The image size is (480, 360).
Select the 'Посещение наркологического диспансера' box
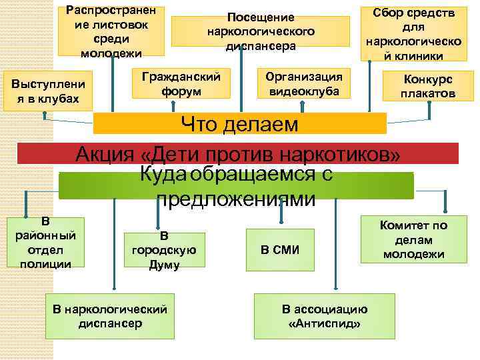click(x=260, y=31)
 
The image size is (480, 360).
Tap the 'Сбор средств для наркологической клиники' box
click(x=410, y=33)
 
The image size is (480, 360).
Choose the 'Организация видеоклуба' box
click(x=304, y=83)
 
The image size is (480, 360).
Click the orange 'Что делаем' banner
click(x=240, y=123)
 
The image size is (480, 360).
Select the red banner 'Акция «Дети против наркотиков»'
click(x=238, y=153)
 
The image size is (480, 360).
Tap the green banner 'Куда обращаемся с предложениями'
click(x=236, y=185)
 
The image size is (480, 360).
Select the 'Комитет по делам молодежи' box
click(x=413, y=239)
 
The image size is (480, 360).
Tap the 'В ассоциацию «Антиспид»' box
click(x=325, y=316)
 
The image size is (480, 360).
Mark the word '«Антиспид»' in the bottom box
click(x=325, y=323)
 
